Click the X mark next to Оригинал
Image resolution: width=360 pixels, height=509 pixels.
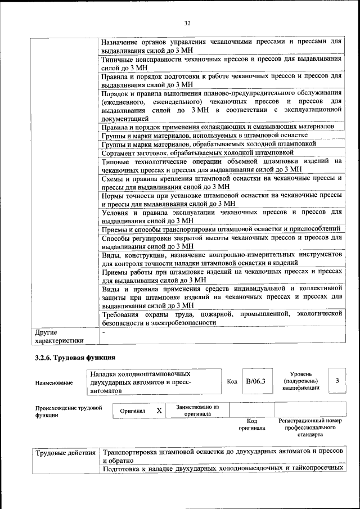click(x=159, y=411)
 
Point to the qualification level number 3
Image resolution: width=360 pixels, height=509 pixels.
click(x=337, y=381)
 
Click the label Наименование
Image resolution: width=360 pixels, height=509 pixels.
click(x=53, y=382)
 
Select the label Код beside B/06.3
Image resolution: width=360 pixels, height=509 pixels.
click(x=232, y=381)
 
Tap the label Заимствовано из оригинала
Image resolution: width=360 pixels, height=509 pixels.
click(x=197, y=410)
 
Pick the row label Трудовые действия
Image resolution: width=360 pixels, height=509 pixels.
click(x=65, y=453)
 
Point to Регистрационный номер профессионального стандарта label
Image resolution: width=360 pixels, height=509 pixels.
click(x=310, y=427)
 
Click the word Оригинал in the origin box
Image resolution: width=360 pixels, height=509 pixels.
click(x=133, y=411)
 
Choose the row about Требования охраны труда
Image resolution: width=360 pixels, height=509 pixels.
click(x=222, y=318)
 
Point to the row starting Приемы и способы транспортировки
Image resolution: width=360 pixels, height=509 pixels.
click(x=221, y=228)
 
